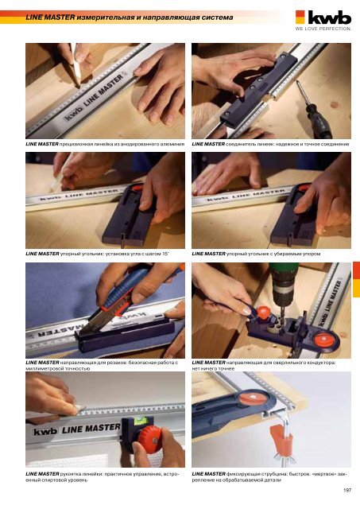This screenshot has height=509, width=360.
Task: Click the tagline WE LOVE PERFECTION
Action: pyautogui.click(x=323, y=29)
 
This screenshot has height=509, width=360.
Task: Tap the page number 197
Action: pyautogui.click(x=347, y=490)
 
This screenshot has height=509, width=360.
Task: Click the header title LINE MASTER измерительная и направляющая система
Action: pyautogui.click(x=130, y=17)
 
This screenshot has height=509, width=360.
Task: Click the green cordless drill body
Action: pyautogui.click(x=284, y=283)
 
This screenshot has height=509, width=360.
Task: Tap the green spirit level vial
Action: pyautogui.click(x=141, y=421)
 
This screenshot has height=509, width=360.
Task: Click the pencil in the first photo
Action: pyautogui.click(x=75, y=66)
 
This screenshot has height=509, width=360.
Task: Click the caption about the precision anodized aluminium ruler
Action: pyautogui.click(x=105, y=144)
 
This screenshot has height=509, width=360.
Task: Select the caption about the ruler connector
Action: pyautogui.click(x=270, y=144)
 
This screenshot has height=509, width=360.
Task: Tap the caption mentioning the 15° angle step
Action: pyautogui.click(x=97, y=254)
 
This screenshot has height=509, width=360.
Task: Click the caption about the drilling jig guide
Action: pyautogui.click(x=264, y=365)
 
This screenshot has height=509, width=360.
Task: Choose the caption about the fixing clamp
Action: pyautogui.click(x=269, y=477)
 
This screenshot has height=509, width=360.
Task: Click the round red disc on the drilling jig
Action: pyautogui.click(x=324, y=339)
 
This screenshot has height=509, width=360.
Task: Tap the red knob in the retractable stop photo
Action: pyautogui.click(x=304, y=188)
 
